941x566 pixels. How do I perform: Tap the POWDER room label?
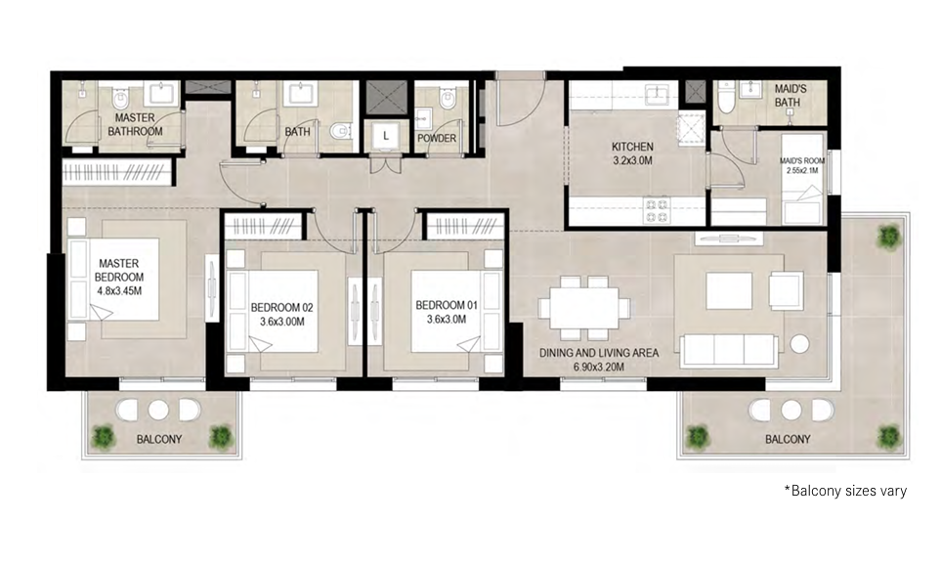[437, 138]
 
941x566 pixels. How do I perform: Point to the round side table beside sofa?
[800, 344]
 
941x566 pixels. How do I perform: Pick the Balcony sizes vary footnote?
[844, 491]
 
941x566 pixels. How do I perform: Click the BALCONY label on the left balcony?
[158, 440]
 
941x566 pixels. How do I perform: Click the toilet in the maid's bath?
[724, 100]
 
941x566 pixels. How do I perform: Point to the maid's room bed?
[803, 207]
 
